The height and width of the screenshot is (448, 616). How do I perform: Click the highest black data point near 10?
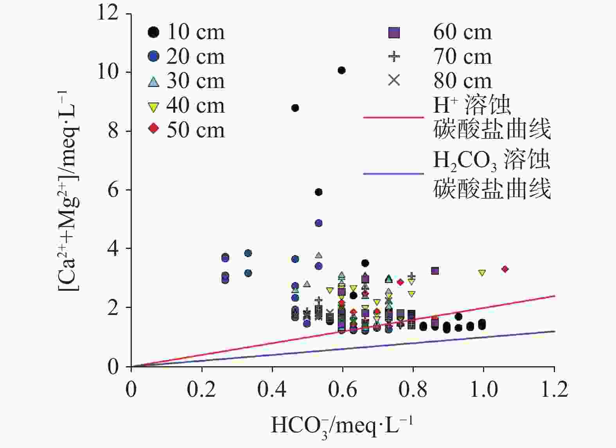pos(341,70)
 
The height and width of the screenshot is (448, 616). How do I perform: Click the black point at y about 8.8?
pos(295,108)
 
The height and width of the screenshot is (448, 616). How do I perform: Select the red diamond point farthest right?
pos(505,269)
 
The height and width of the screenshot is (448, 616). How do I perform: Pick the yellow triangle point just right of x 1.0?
pos(482,273)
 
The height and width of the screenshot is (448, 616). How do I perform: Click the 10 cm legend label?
pos(196,32)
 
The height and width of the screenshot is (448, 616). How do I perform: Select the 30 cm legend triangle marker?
pos(154,81)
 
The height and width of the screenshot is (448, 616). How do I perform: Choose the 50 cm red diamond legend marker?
pos(154,128)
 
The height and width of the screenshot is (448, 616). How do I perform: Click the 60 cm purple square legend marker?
pos(394,33)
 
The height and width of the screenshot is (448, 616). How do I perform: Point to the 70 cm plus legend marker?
pos(394,57)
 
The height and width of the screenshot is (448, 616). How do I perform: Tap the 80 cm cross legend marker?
pos(394,81)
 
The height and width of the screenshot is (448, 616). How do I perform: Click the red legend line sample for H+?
pos(393,117)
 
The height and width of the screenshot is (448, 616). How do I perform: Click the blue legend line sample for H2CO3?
pos(393,173)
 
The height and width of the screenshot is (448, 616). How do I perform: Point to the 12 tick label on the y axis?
pos(108,13)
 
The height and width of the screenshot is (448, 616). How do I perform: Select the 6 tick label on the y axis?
pos(113,190)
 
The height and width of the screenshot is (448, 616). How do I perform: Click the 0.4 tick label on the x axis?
pos(272,390)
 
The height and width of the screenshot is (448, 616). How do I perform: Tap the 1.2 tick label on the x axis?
pos(554,390)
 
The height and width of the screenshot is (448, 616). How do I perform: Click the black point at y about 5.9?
pos(318,192)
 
